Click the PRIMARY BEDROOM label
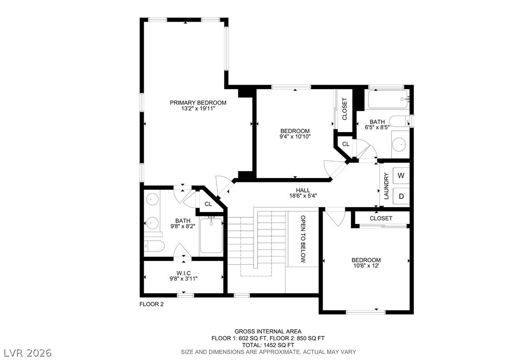click(x=198, y=103)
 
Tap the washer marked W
click(x=401, y=176)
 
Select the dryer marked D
click(x=401, y=196)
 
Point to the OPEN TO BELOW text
click(x=303, y=239)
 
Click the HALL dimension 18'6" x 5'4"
click(x=303, y=196)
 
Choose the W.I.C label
click(x=183, y=273)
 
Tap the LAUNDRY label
click(x=387, y=186)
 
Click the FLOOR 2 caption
click(x=151, y=304)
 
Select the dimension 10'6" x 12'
click(x=366, y=266)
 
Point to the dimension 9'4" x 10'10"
click(x=295, y=136)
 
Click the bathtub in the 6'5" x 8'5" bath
click(x=388, y=99)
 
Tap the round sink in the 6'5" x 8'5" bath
click(x=399, y=144)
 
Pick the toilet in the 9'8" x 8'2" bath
click(x=154, y=246)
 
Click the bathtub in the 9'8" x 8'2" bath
click(x=211, y=236)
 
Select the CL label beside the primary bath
click(x=208, y=204)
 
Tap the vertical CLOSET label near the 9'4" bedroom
click(x=345, y=109)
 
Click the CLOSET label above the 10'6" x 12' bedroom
click(x=381, y=219)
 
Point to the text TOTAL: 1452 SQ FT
click(x=268, y=345)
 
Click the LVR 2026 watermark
click(x=28, y=353)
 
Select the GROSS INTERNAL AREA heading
click(x=268, y=332)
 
